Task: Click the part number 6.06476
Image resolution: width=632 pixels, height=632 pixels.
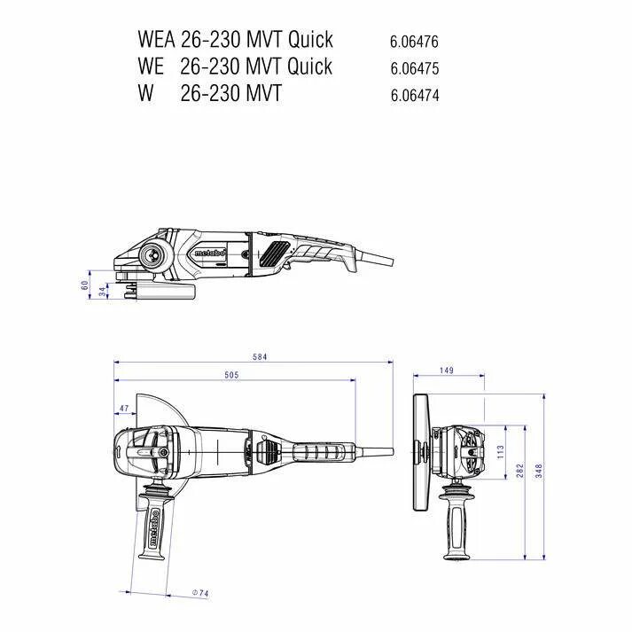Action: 414,42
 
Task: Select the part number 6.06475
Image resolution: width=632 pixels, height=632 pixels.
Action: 414,68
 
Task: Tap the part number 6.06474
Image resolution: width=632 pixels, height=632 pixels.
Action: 414,95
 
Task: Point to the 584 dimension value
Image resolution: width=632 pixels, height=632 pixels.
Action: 260,356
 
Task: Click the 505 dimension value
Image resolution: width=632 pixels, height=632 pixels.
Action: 231,376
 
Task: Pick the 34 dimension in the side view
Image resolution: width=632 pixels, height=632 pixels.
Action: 102,290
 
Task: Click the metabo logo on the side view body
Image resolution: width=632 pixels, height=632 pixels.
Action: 209,254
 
